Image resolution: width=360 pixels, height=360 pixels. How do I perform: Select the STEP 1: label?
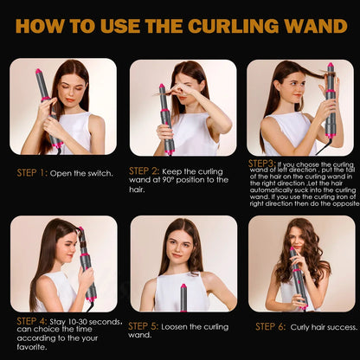(31, 173)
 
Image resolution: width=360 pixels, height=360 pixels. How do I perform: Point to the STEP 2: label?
(144, 170)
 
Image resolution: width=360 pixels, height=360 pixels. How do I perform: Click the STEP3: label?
(262, 163)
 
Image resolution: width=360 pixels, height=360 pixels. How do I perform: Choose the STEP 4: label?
(32, 321)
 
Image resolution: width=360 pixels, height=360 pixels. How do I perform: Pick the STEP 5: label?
(143, 326)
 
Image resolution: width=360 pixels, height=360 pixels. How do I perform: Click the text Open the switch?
(81, 173)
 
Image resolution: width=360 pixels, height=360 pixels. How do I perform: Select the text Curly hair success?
(319, 326)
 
